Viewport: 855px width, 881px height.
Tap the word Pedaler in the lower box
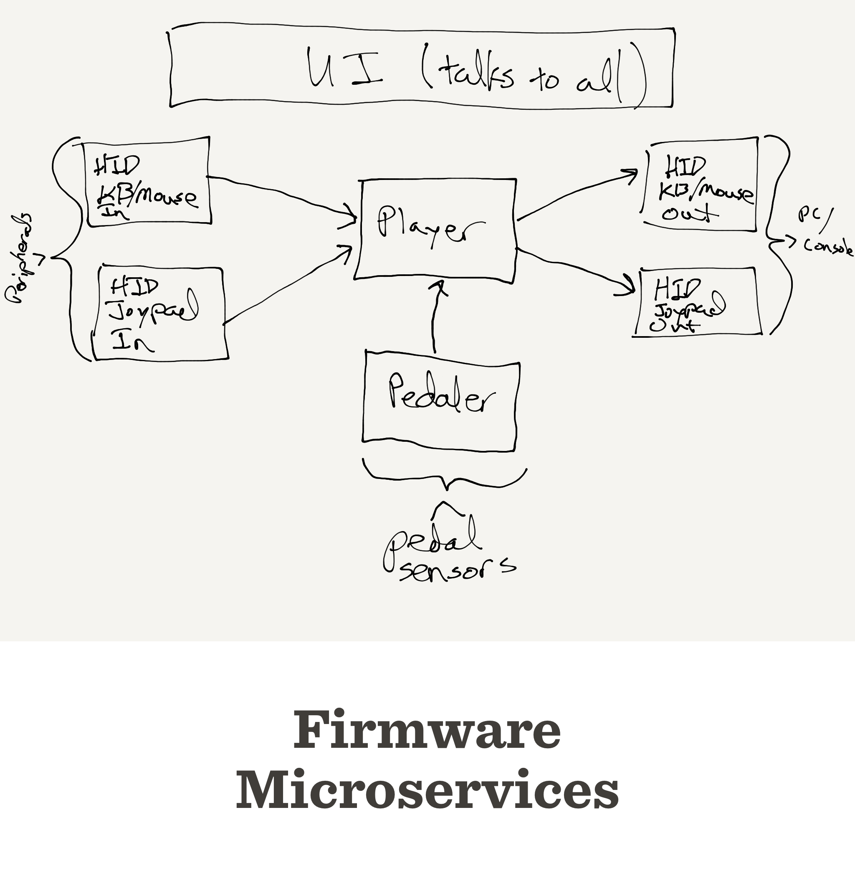coord(441,395)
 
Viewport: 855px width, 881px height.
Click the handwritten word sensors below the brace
coord(456,570)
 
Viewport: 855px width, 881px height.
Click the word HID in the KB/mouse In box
coord(117,166)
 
